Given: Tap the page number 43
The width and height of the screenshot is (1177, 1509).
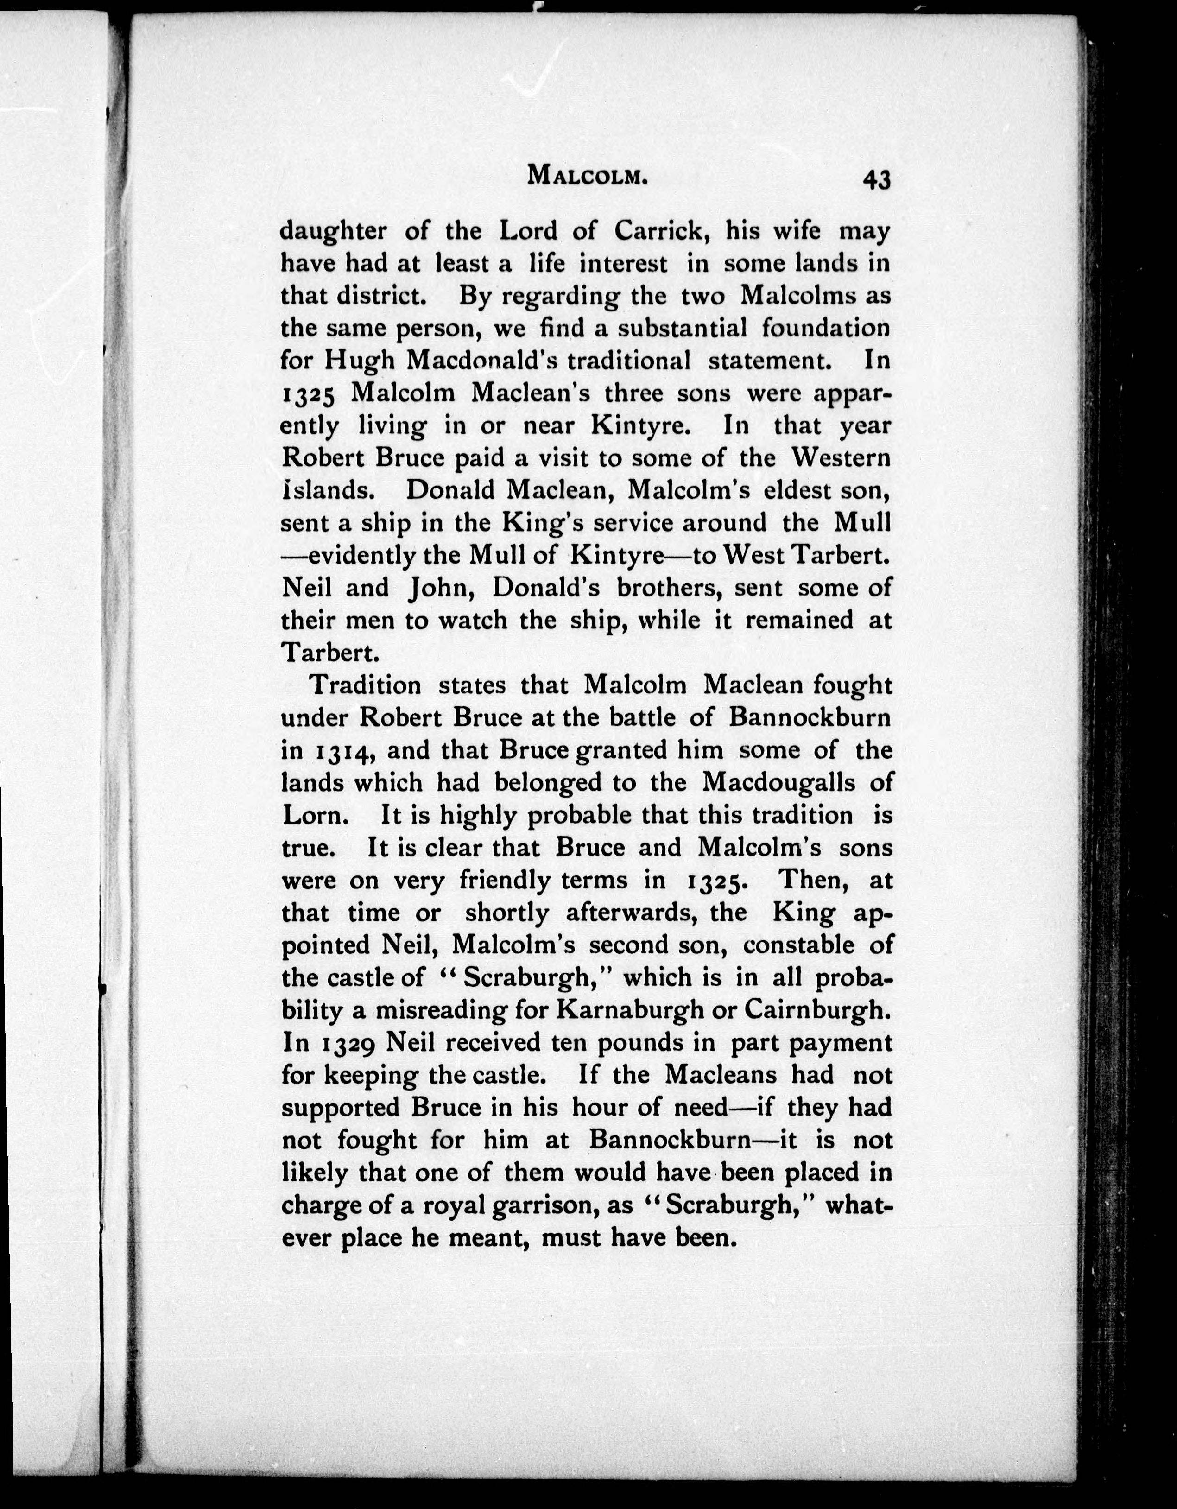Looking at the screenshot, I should pos(876,180).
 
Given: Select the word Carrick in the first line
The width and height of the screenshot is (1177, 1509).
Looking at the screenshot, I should pos(663,231).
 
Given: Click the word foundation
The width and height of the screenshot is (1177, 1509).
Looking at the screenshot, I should pos(825,328).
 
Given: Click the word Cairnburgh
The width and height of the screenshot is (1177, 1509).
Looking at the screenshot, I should pos(814,1010).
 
